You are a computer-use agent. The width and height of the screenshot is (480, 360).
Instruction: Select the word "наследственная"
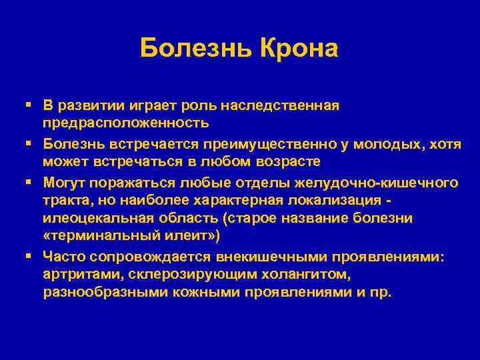289,105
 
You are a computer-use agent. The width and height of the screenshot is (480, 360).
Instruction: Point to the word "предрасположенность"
126,123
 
